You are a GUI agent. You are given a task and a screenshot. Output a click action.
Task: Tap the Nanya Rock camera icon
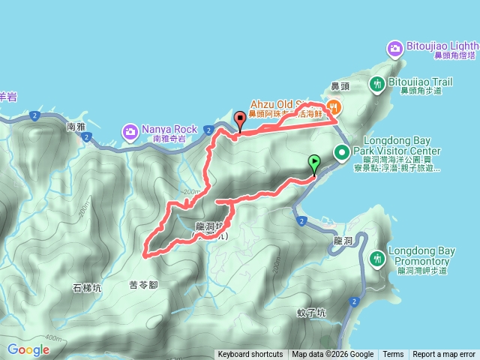click(130, 133)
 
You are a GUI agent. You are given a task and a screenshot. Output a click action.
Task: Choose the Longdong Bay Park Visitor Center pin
click(342, 153)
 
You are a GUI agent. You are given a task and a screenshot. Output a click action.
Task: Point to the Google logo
click(28, 349)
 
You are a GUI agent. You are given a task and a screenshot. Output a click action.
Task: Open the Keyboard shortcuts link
click(250, 355)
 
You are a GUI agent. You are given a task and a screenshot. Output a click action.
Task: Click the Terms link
click(393, 355)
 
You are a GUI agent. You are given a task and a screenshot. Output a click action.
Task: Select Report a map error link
click(444, 355)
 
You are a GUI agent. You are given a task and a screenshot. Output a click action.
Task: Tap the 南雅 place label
click(76, 127)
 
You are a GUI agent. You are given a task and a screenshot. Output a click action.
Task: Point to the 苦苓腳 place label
click(143, 285)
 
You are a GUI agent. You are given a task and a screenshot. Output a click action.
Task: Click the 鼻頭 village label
click(340, 85)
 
